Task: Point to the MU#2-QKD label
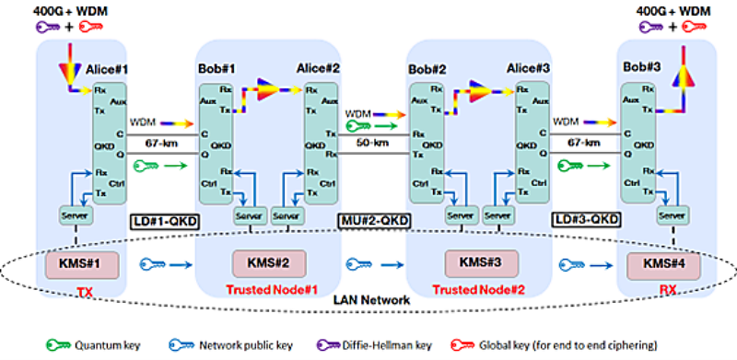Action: tap(372, 222)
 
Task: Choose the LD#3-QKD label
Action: tap(585, 221)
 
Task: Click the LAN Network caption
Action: tap(368, 300)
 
